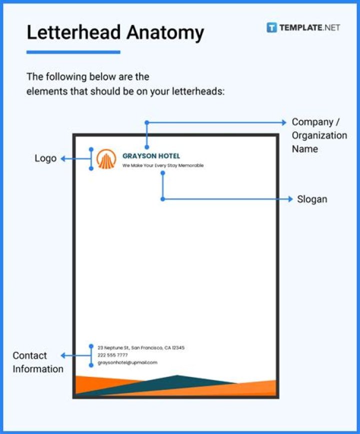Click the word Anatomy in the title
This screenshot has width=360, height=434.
click(165, 33)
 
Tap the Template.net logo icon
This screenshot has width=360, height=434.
click(271, 28)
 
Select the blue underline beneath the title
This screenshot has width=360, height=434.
click(73, 52)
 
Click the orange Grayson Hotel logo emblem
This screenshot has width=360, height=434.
click(106, 159)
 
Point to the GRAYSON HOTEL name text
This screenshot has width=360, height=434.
click(151, 156)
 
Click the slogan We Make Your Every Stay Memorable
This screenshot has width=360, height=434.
click(163, 165)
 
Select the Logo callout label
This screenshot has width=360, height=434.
click(45, 159)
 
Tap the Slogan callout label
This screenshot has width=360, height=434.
click(312, 199)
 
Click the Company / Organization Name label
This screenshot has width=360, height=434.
click(319, 135)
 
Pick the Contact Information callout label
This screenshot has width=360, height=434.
click(38, 362)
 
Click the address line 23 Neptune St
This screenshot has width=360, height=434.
click(140, 347)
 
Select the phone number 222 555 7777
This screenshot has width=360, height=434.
click(112, 355)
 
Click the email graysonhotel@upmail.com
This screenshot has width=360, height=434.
click(127, 362)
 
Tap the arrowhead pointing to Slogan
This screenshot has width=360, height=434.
click(290, 199)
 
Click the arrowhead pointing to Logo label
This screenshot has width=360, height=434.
click(63, 159)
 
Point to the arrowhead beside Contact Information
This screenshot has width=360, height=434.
click(63, 355)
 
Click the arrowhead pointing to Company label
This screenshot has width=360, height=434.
click(284, 122)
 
